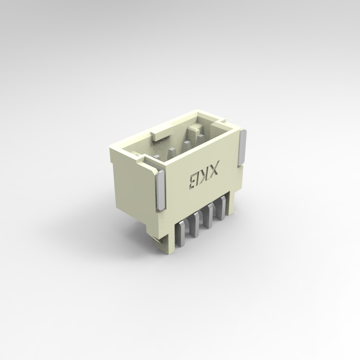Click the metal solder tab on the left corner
pos(160,191)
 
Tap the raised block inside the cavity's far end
pos(196,128)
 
